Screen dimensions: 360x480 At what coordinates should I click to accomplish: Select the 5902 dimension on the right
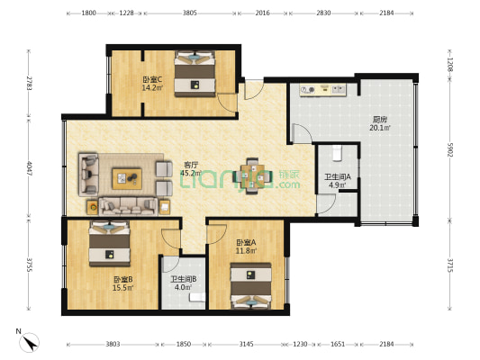coord(467,148)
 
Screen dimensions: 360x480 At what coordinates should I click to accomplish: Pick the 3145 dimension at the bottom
coord(246,345)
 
